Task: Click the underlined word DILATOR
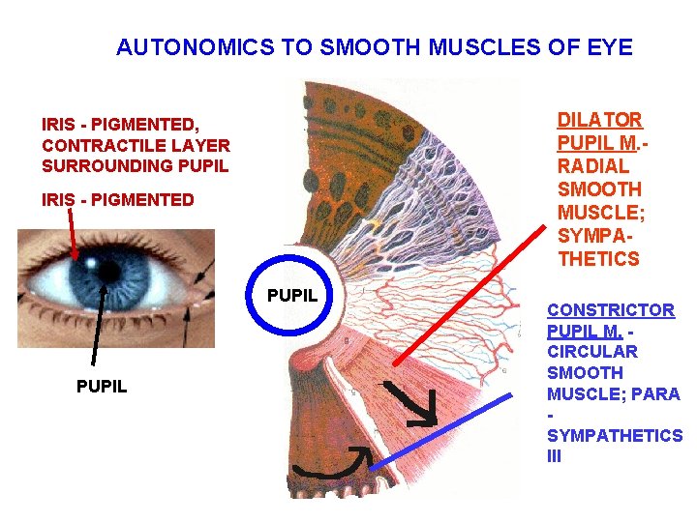click(x=599, y=120)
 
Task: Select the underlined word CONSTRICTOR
click(x=611, y=310)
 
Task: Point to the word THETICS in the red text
click(x=598, y=259)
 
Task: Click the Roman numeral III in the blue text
click(x=555, y=456)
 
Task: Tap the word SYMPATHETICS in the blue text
click(x=615, y=436)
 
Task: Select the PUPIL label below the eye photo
click(x=102, y=388)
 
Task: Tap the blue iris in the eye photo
click(x=85, y=280)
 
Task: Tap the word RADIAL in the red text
click(x=586, y=166)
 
